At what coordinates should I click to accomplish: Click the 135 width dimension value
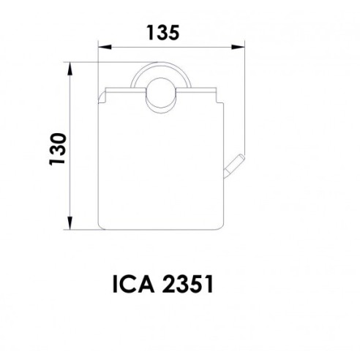163,33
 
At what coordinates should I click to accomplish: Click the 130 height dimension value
58,149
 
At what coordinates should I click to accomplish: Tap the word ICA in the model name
134,284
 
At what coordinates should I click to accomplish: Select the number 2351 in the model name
188,284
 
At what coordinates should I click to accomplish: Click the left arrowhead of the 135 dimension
105,47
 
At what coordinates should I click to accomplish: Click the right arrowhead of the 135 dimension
238,47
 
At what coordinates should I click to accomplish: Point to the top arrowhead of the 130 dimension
70,69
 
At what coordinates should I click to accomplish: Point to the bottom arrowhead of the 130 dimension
70,223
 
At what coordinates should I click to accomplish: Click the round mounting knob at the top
160,95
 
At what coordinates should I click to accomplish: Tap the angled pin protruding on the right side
234,166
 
